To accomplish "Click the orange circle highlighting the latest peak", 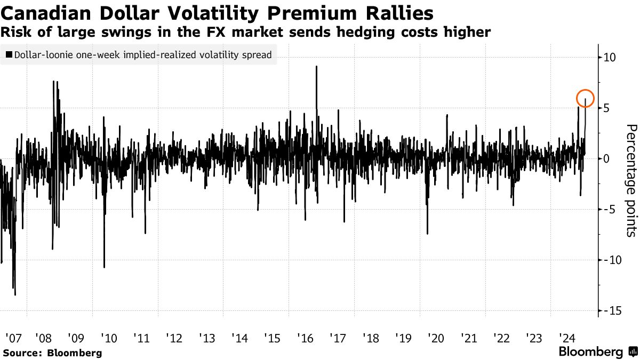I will (x=585, y=98).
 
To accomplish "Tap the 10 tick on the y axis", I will (x=609, y=57).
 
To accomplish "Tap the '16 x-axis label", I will (x=305, y=338).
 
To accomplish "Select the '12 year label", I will (x=174, y=338).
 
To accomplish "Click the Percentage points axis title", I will (x=631, y=180).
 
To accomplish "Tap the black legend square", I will (x=9, y=54).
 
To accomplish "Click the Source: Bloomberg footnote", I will (x=52, y=353).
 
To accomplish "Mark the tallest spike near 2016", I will (x=316, y=67).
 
